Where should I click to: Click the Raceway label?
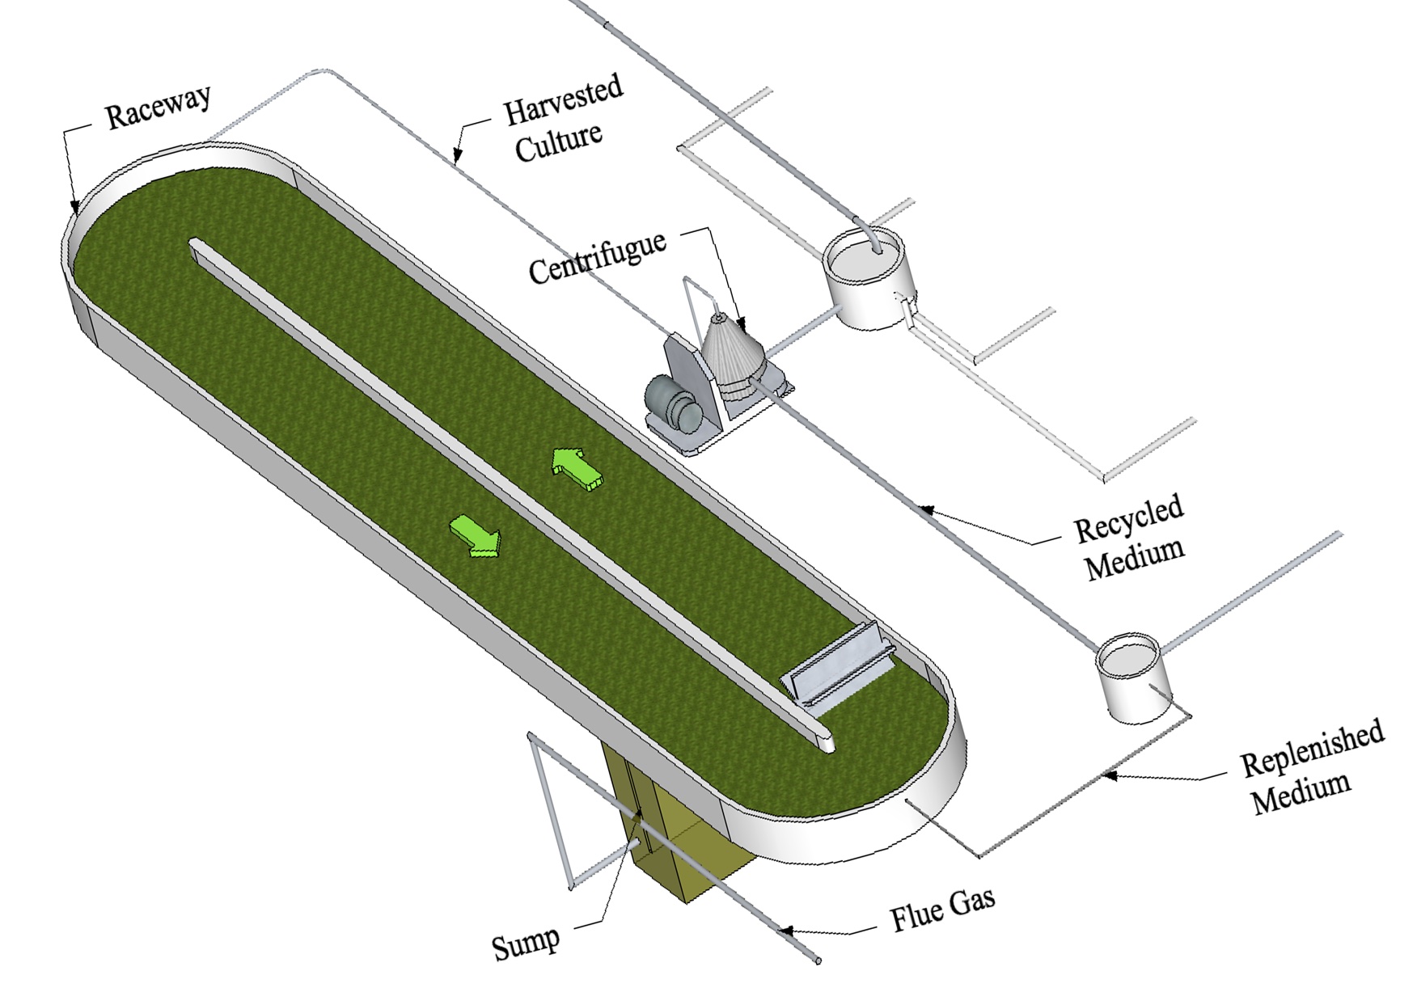coord(159,105)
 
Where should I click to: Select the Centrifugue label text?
coord(598,258)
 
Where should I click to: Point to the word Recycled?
coord(1129,517)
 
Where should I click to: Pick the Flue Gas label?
coord(942,908)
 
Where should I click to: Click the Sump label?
coord(526,943)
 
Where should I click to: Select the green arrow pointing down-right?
coord(476,536)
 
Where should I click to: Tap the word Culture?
coord(560,142)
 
